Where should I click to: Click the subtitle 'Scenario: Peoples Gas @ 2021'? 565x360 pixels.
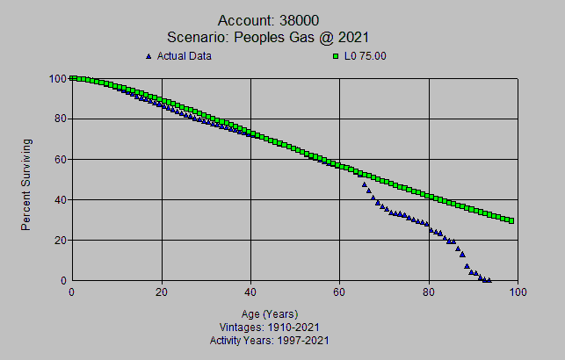click(x=267, y=37)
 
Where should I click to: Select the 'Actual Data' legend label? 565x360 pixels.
click(x=184, y=56)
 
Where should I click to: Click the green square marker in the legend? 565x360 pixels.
click(x=336, y=56)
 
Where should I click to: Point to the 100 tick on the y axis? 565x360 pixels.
click(x=59, y=78)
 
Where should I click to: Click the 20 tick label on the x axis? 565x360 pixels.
click(x=162, y=292)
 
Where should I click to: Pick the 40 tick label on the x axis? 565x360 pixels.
click(x=250, y=292)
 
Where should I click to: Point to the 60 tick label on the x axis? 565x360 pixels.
click(x=340, y=292)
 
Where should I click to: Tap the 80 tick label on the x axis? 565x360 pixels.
click(x=430, y=292)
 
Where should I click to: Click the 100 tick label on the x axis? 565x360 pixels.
click(x=518, y=292)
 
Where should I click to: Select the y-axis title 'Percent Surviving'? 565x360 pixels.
click(x=27, y=184)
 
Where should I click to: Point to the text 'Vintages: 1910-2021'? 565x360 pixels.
click(x=270, y=327)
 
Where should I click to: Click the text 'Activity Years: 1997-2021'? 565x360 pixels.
click(x=270, y=339)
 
